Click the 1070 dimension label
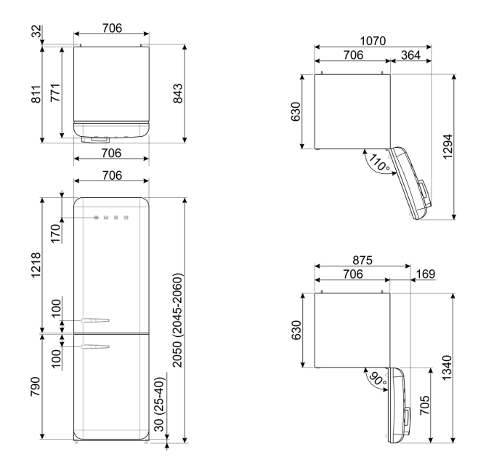pos(373,41)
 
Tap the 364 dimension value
pos(410,55)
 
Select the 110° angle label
pos(379,162)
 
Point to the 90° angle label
pos(378,378)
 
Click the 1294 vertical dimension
pos(447,146)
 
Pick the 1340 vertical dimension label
pos(447,368)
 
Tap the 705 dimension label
pos(425,405)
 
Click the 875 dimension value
pos(362,261)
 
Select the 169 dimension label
pos(425,274)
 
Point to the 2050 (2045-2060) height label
pos(177,320)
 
